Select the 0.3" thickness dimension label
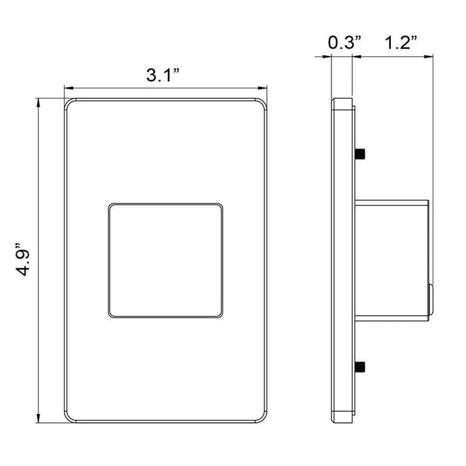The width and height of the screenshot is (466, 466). (345, 42)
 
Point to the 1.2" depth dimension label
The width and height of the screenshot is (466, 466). (401, 42)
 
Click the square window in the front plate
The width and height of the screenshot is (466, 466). (165, 260)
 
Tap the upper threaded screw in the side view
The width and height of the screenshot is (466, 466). (360, 154)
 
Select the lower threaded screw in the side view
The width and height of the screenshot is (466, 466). (360, 366)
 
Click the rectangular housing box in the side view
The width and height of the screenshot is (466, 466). (392, 260)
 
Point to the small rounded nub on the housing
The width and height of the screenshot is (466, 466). (431, 298)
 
